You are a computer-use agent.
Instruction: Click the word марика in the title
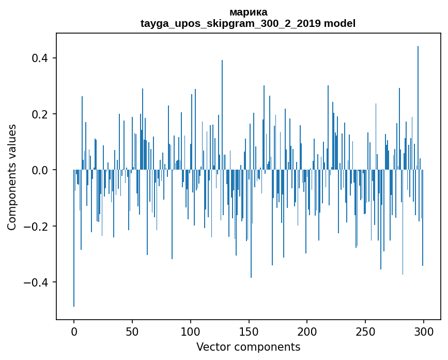coord(248,12)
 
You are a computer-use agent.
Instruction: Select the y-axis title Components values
coord(12,177)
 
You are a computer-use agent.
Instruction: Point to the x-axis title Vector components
coord(248,347)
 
